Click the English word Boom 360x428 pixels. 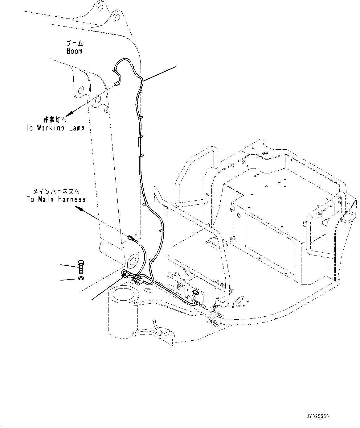pos(75,51)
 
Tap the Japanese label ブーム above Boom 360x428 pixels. pos(75,43)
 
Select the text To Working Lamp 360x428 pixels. pos(55,128)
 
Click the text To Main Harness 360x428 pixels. pos(56,199)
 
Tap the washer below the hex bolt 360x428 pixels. pos(80,279)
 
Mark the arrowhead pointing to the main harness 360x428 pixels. pos(79,210)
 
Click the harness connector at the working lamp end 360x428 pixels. pos(117,83)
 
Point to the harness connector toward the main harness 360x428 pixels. pos(131,238)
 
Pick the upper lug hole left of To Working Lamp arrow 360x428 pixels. pos(81,90)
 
